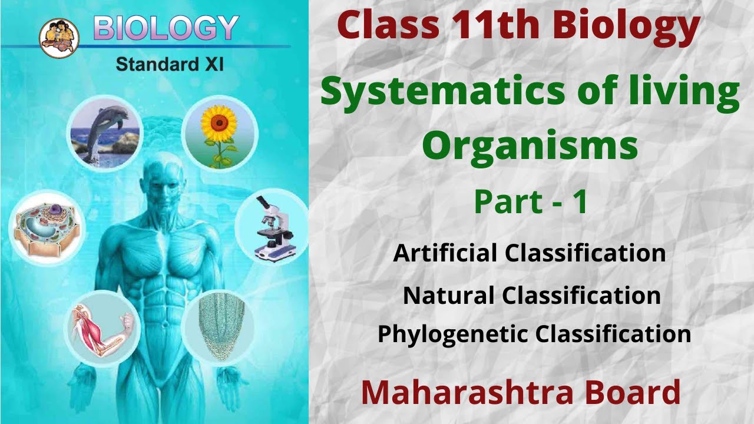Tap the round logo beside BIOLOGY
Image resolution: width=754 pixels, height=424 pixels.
pos(59,36)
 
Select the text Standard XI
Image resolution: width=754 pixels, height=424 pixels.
pos(170,64)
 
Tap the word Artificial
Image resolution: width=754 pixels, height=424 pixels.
pos(445,253)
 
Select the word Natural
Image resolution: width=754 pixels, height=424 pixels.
pos(448,295)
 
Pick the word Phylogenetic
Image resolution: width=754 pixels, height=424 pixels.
pos(453,334)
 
